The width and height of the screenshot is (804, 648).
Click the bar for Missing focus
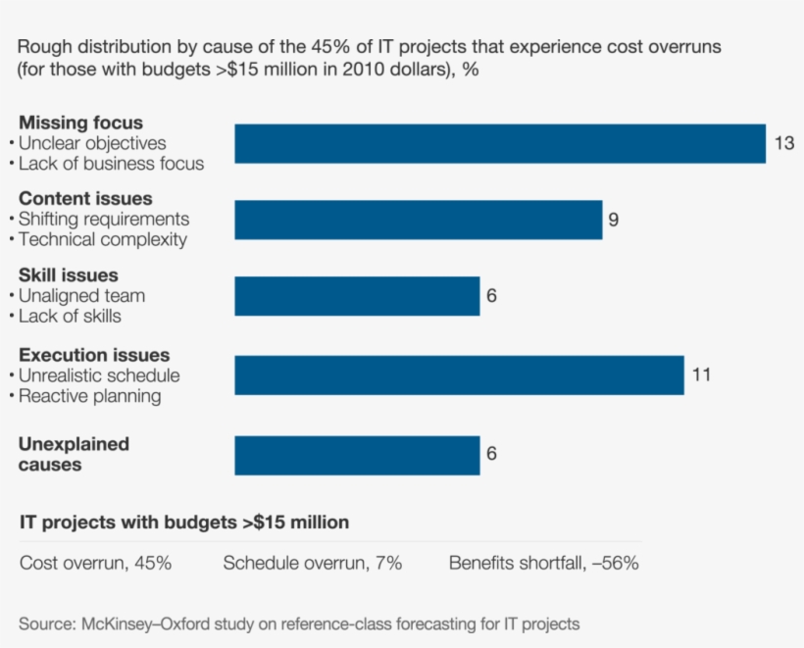(500, 143)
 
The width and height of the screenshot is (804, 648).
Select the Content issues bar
(418, 220)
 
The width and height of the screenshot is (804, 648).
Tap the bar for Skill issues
(357, 296)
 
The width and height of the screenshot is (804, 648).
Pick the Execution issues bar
(459, 374)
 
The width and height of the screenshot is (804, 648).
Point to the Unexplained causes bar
(357, 455)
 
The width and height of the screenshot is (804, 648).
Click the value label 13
(783, 143)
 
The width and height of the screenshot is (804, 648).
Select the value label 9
(613, 220)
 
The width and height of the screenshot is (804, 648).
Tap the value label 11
(700, 374)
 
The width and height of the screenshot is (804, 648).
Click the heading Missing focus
(80, 123)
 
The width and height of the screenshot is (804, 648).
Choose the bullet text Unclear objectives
(92, 143)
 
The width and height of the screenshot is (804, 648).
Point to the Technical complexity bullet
(102, 239)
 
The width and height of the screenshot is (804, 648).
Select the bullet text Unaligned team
(81, 295)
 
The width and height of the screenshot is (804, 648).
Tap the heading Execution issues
(94, 355)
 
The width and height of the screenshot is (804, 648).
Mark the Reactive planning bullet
(89, 396)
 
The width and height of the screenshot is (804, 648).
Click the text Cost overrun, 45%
(96, 563)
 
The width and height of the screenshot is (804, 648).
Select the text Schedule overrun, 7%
(312, 563)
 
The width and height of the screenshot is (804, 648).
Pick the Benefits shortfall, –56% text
(544, 563)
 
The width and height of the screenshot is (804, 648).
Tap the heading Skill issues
(69, 275)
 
